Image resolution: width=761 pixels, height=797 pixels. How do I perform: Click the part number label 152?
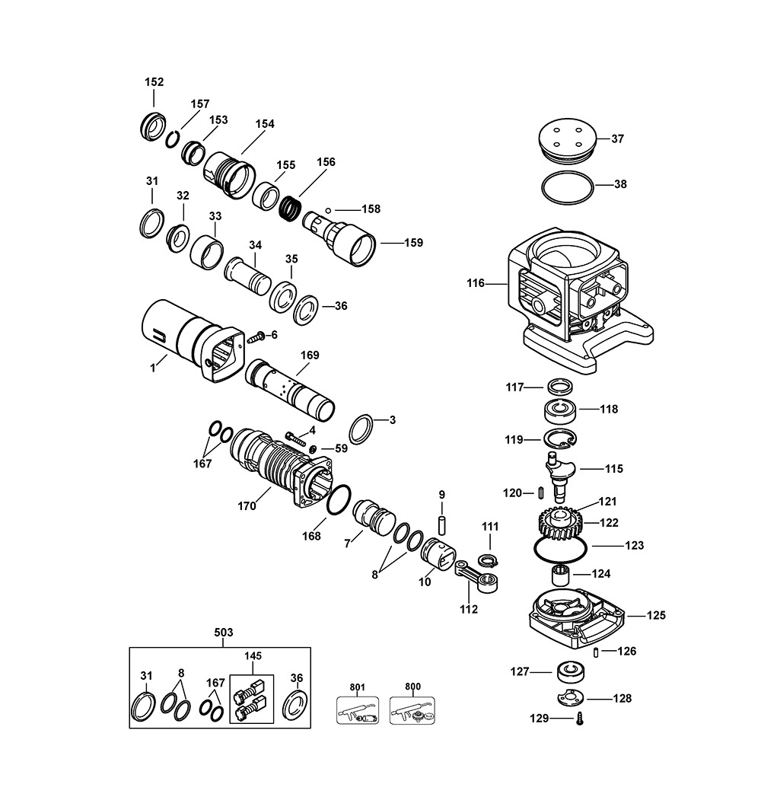pyautogui.click(x=154, y=82)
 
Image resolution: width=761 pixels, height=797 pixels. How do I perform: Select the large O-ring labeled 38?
pyautogui.click(x=568, y=189)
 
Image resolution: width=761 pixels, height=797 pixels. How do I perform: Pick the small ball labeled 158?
pyautogui.click(x=328, y=210)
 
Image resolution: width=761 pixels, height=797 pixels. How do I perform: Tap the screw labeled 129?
pyautogui.click(x=580, y=719)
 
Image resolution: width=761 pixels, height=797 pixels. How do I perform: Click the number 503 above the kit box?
pyautogui.click(x=224, y=633)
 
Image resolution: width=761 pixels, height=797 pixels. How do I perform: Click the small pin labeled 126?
pyautogui.click(x=596, y=652)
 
